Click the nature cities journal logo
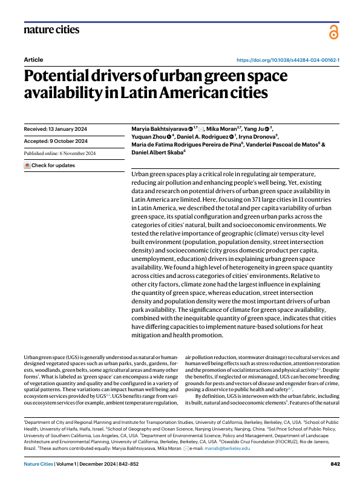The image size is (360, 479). [x=51, y=29]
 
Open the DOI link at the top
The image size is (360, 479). [x=287, y=61]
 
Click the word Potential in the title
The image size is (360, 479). [x=60, y=77]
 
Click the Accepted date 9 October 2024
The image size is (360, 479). [x=56, y=141]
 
